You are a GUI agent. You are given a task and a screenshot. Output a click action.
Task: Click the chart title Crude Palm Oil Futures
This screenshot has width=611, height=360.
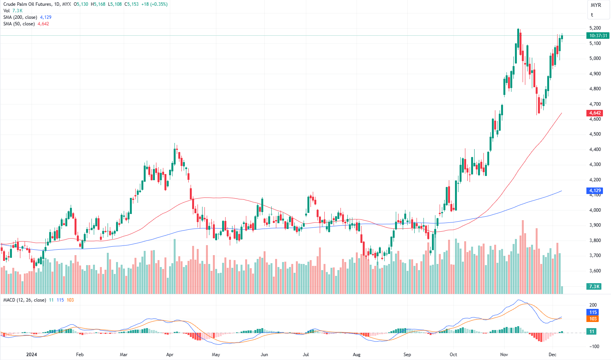coord(27,4)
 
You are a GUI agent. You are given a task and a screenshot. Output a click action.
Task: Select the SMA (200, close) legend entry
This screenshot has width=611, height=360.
coord(20,17)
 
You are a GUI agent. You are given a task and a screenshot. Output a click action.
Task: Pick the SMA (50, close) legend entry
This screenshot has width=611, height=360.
coord(19,24)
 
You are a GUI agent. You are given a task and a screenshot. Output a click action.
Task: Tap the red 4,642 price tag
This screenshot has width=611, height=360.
coord(595,113)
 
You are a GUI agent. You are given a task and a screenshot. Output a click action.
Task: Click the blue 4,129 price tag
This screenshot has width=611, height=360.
coord(595,191)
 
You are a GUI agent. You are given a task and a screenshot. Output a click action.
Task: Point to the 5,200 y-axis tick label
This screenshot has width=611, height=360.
coord(595,28)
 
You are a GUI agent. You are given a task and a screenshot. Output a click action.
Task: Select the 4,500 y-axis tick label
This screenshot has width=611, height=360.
coord(595,134)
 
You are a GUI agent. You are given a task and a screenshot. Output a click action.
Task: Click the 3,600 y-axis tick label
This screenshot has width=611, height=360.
coord(595,271)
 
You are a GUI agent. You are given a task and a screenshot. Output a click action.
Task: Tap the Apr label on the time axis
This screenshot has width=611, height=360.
coord(170,355)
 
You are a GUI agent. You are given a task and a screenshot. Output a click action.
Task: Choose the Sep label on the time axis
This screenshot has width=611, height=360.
coord(407,355)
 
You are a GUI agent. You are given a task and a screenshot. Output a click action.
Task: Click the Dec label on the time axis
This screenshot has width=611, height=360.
coord(553,355)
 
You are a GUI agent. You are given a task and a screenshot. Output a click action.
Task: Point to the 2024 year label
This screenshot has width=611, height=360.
coord(32,355)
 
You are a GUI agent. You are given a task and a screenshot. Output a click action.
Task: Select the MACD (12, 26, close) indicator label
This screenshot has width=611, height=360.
coord(25,300)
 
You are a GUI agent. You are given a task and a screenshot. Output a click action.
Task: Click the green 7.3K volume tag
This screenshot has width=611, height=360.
coord(594,287)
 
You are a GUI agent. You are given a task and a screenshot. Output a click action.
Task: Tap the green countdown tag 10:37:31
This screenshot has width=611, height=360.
coord(598,36)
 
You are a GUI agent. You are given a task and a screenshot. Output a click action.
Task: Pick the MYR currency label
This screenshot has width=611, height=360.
coord(596,5)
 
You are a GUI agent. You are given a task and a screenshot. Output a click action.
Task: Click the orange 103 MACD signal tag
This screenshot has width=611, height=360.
coord(593,319)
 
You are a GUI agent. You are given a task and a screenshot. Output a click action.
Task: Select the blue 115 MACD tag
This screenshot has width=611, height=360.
coord(593,312)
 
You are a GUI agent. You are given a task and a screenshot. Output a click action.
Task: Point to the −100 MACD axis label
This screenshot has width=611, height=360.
coord(594,347)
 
